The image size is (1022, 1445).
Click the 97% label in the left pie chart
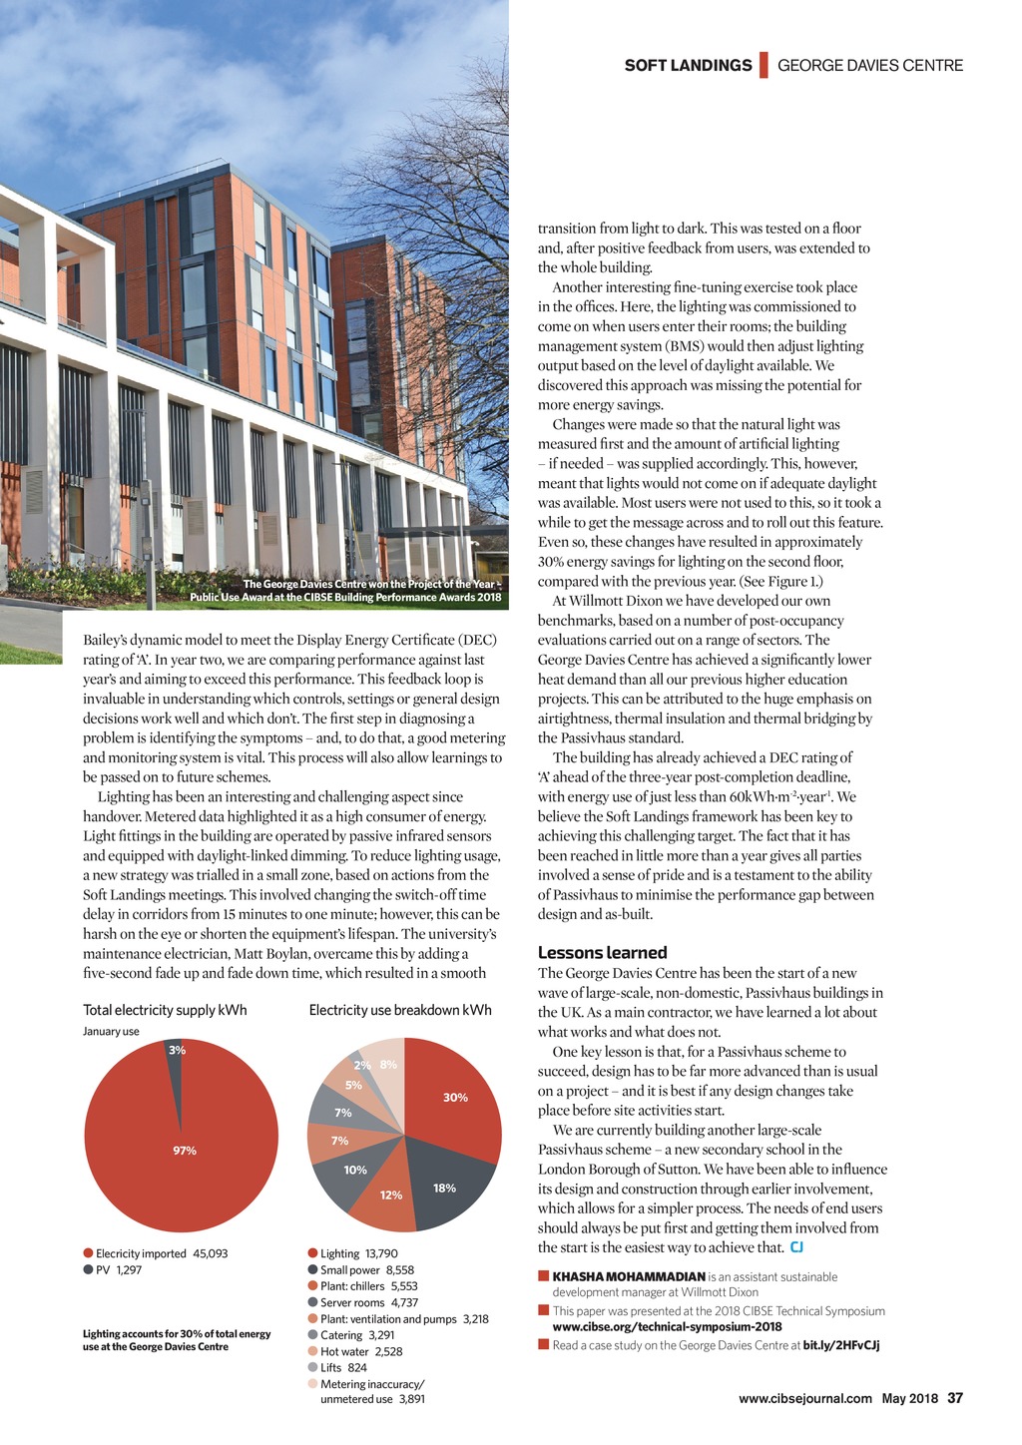[x=185, y=1151]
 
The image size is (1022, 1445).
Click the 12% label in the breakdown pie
[x=391, y=1195]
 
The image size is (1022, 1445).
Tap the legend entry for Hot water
[x=354, y=1351]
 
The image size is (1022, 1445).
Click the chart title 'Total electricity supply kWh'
[x=165, y=1010]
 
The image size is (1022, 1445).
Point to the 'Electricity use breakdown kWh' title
[x=400, y=1010]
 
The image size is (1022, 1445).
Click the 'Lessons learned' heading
[x=602, y=952]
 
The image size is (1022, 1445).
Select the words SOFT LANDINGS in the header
[x=688, y=66]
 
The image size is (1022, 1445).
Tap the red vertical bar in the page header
[x=764, y=65]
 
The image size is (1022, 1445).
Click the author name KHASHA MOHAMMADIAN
[x=629, y=1276]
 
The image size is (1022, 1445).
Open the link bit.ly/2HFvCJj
[x=840, y=1344]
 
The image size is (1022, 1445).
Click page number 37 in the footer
[x=955, y=1398]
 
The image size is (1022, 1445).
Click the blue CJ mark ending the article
[x=796, y=1246]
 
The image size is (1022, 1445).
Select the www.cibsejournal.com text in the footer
[x=805, y=1398]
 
